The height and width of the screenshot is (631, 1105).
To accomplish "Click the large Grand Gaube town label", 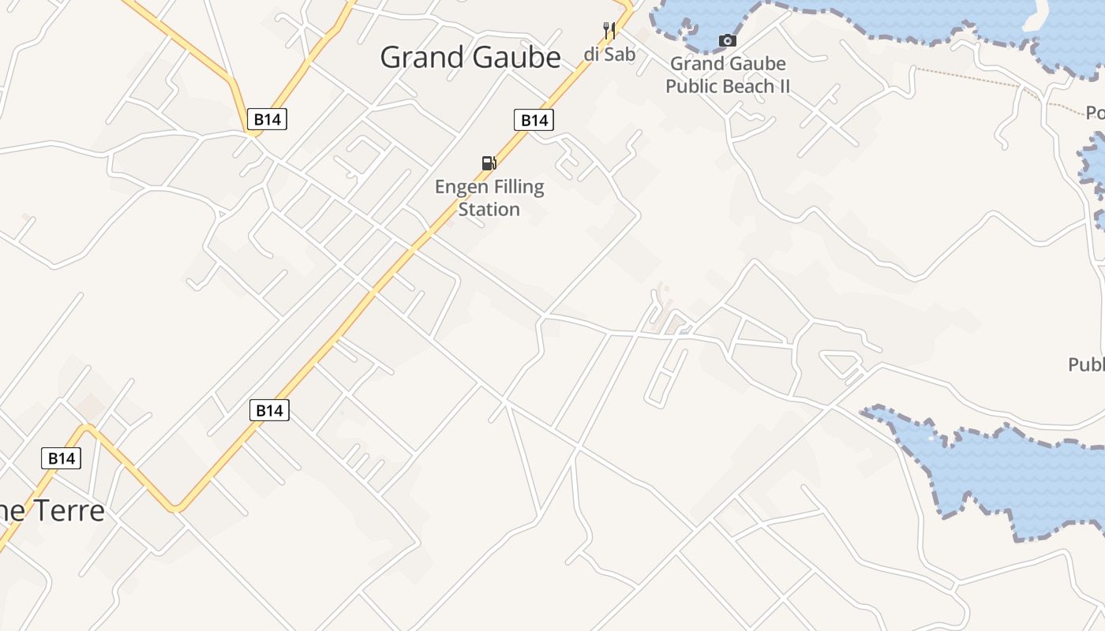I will (x=470, y=58).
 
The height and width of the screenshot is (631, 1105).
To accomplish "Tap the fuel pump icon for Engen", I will (x=489, y=163).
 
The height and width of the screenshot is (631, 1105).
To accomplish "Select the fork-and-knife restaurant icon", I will (x=609, y=31).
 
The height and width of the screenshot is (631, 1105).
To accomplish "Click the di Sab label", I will (x=609, y=54).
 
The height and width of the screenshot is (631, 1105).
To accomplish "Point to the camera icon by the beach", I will (x=727, y=40).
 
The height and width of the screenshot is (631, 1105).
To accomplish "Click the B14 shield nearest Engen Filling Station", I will (x=534, y=120).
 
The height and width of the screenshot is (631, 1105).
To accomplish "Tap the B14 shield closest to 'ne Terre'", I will (x=61, y=458).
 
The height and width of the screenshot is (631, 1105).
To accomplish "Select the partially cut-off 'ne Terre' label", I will (x=52, y=511).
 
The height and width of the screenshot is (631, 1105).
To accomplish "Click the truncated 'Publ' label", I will (x=1086, y=364).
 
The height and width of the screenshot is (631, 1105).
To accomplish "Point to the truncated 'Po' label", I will (x=1095, y=113).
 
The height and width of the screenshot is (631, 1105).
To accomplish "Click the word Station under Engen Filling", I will (x=489, y=209).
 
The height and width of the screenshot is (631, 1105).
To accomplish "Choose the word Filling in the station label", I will (x=518, y=187).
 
